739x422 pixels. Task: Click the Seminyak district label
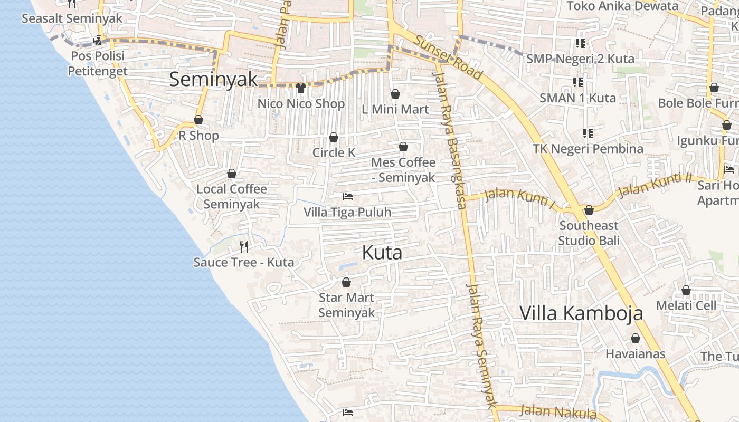pos(213,79)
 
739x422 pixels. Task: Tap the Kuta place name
pos(382,252)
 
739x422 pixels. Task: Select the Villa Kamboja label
pos(581,313)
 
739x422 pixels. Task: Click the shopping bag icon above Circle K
pos(334,138)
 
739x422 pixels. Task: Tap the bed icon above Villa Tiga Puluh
pos(347,197)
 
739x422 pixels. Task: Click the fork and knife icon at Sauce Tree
pos(244,246)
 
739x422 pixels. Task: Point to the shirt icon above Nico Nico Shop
pos(301,88)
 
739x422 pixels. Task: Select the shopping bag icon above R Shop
pos(198,120)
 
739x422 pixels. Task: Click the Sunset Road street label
pos(448,57)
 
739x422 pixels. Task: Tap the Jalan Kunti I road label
pos(520,200)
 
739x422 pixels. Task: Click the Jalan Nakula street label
pos(558,411)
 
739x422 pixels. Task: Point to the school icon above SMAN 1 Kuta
pos(578,82)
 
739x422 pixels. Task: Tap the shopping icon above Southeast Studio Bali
pos(589,210)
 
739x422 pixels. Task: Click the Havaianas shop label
pos(636,353)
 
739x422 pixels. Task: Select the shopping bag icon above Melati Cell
pos(686,290)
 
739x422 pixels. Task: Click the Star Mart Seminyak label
pos(346,305)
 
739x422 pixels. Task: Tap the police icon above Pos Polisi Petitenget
pos(97,40)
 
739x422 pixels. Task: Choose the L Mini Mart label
pos(395,109)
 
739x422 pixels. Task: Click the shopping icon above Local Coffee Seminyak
pos(232,174)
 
